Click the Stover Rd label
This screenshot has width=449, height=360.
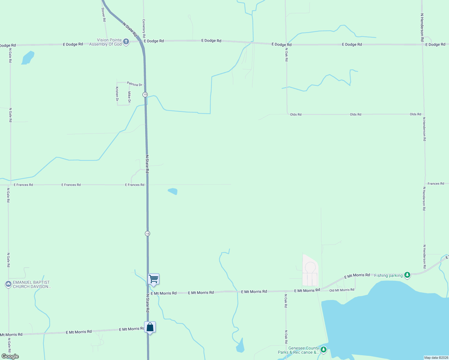pyautogui.click(x=104, y=14)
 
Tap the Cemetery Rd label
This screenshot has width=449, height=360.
pyautogui.click(x=144, y=26)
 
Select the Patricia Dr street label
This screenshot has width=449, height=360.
pyautogui.click(x=134, y=84)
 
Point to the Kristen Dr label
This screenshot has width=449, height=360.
pyautogui.click(x=117, y=94)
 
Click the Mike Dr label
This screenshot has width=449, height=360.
pyautogui.click(x=129, y=97)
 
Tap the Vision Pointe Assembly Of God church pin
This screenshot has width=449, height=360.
pyautogui.click(x=126, y=41)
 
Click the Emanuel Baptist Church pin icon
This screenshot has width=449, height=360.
pyautogui.click(x=8, y=284)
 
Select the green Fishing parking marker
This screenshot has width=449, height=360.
pyautogui.click(x=407, y=275)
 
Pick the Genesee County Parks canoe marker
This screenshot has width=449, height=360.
pyautogui.click(x=323, y=349)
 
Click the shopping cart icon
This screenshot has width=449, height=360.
pyautogui.click(x=153, y=279)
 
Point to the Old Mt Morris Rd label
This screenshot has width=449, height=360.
pyautogui.click(x=342, y=290)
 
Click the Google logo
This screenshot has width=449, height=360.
pyautogui.click(x=10, y=356)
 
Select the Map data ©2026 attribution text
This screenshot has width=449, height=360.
pyautogui.click(x=436, y=358)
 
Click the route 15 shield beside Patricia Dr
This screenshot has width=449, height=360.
pyautogui.click(x=145, y=94)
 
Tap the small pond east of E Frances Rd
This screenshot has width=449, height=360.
pyautogui.click(x=173, y=191)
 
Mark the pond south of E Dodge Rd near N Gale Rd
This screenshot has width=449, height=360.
pyautogui.click(x=28, y=58)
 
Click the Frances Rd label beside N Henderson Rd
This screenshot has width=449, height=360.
pyautogui.click(x=436, y=184)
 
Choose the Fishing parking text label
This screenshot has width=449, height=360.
pyautogui.click(x=388, y=275)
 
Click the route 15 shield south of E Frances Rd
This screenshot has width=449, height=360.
pyautogui.click(x=147, y=233)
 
